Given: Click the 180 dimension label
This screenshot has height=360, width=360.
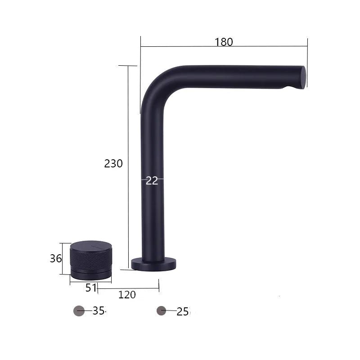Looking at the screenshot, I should (x=224, y=42).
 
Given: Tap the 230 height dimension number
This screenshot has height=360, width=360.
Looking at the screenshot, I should (x=113, y=164).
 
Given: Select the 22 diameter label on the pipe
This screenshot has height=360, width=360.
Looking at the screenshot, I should (x=152, y=180).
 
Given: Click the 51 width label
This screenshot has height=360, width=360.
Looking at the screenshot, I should (x=91, y=288).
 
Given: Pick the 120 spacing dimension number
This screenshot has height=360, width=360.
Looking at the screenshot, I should (x=127, y=295).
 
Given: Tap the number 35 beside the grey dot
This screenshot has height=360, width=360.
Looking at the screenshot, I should (x=99, y=310).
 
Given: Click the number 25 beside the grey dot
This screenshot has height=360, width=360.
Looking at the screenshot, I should (x=183, y=311).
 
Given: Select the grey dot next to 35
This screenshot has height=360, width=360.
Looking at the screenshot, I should (x=79, y=310).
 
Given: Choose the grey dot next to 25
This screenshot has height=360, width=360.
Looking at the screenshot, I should (x=162, y=310).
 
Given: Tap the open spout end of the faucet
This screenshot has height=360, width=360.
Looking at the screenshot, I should (x=303, y=77).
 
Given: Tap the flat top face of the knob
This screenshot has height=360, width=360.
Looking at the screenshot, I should (x=91, y=246).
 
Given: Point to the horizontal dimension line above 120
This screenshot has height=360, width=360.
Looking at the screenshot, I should (x=128, y=288).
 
